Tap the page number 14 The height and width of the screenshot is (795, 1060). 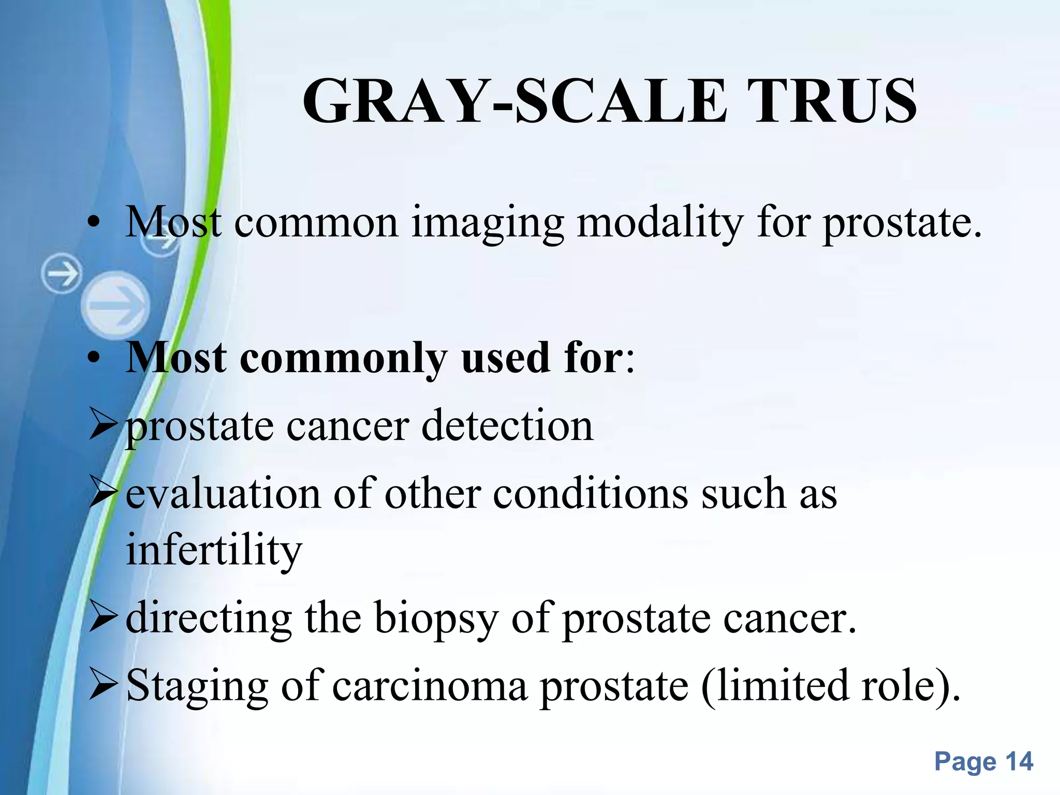(1019, 761)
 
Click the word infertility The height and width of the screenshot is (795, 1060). (214, 550)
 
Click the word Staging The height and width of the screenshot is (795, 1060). (197, 687)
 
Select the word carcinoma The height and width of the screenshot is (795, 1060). (429, 686)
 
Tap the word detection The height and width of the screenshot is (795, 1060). (507, 426)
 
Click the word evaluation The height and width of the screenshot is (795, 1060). (223, 494)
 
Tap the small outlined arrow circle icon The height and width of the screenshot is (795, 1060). (62, 273)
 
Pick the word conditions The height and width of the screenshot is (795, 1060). (590, 494)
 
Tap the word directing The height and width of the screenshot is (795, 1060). (209, 619)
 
